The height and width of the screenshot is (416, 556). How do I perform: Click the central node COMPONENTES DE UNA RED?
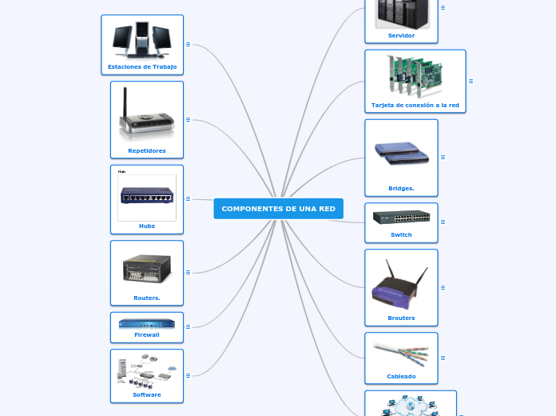pos(278,209)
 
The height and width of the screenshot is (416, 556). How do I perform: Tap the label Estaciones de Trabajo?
pos(142,67)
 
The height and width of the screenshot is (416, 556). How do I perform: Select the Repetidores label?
pos(147,150)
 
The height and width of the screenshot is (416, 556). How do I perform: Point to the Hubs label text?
pos(147,226)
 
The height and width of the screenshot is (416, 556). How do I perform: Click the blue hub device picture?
pos(147,196)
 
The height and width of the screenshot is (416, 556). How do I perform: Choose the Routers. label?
pos(147,298)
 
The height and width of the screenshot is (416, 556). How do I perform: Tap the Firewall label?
pos(147,334)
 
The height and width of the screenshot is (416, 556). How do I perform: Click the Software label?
pos(147,394)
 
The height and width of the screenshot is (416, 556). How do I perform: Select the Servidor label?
pos(401,35)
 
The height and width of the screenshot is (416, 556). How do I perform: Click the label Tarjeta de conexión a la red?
pos(415,105)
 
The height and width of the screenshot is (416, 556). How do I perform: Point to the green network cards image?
pos(415,76)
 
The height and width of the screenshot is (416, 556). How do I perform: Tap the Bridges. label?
pos(401,189)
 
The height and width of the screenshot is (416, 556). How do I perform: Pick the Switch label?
pos(401,234)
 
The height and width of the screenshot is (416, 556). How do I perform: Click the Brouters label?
pos(401,318)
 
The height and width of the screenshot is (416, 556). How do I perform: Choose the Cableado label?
pos(401,376)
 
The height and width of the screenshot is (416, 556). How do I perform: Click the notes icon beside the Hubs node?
pos(188,198)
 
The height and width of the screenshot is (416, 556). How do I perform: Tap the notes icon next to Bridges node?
pos(443,157)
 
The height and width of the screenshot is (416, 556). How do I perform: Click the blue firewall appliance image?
pos(147,323)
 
